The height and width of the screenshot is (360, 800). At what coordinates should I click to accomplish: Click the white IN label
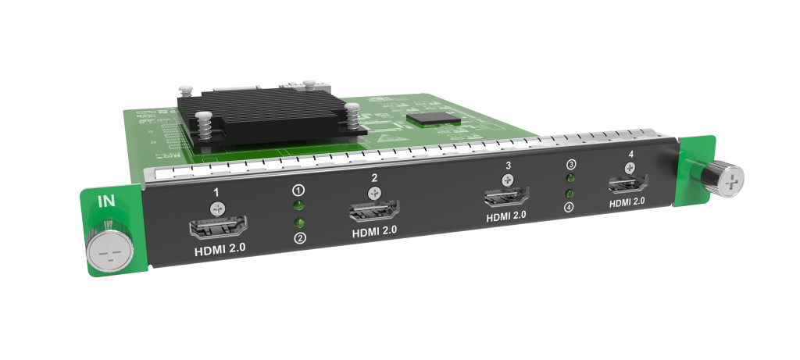pos(106,201)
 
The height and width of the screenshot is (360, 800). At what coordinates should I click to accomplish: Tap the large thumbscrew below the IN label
pos(109,251)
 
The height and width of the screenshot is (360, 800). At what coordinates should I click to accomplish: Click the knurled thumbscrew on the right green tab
pos(720,178)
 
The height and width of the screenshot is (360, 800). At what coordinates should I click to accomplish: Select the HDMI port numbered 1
pos(219,227)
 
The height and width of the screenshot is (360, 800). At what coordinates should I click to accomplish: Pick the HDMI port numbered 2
pos(374,211)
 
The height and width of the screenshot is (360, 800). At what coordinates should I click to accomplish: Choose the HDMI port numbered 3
pos(506,196)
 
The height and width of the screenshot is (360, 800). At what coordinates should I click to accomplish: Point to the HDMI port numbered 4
pos(628,184)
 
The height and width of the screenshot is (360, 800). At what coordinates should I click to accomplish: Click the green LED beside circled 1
pos(299,205)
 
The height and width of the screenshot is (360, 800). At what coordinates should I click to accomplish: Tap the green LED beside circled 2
pos(299,223)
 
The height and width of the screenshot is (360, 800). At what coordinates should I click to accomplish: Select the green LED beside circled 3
pos(571,178)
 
